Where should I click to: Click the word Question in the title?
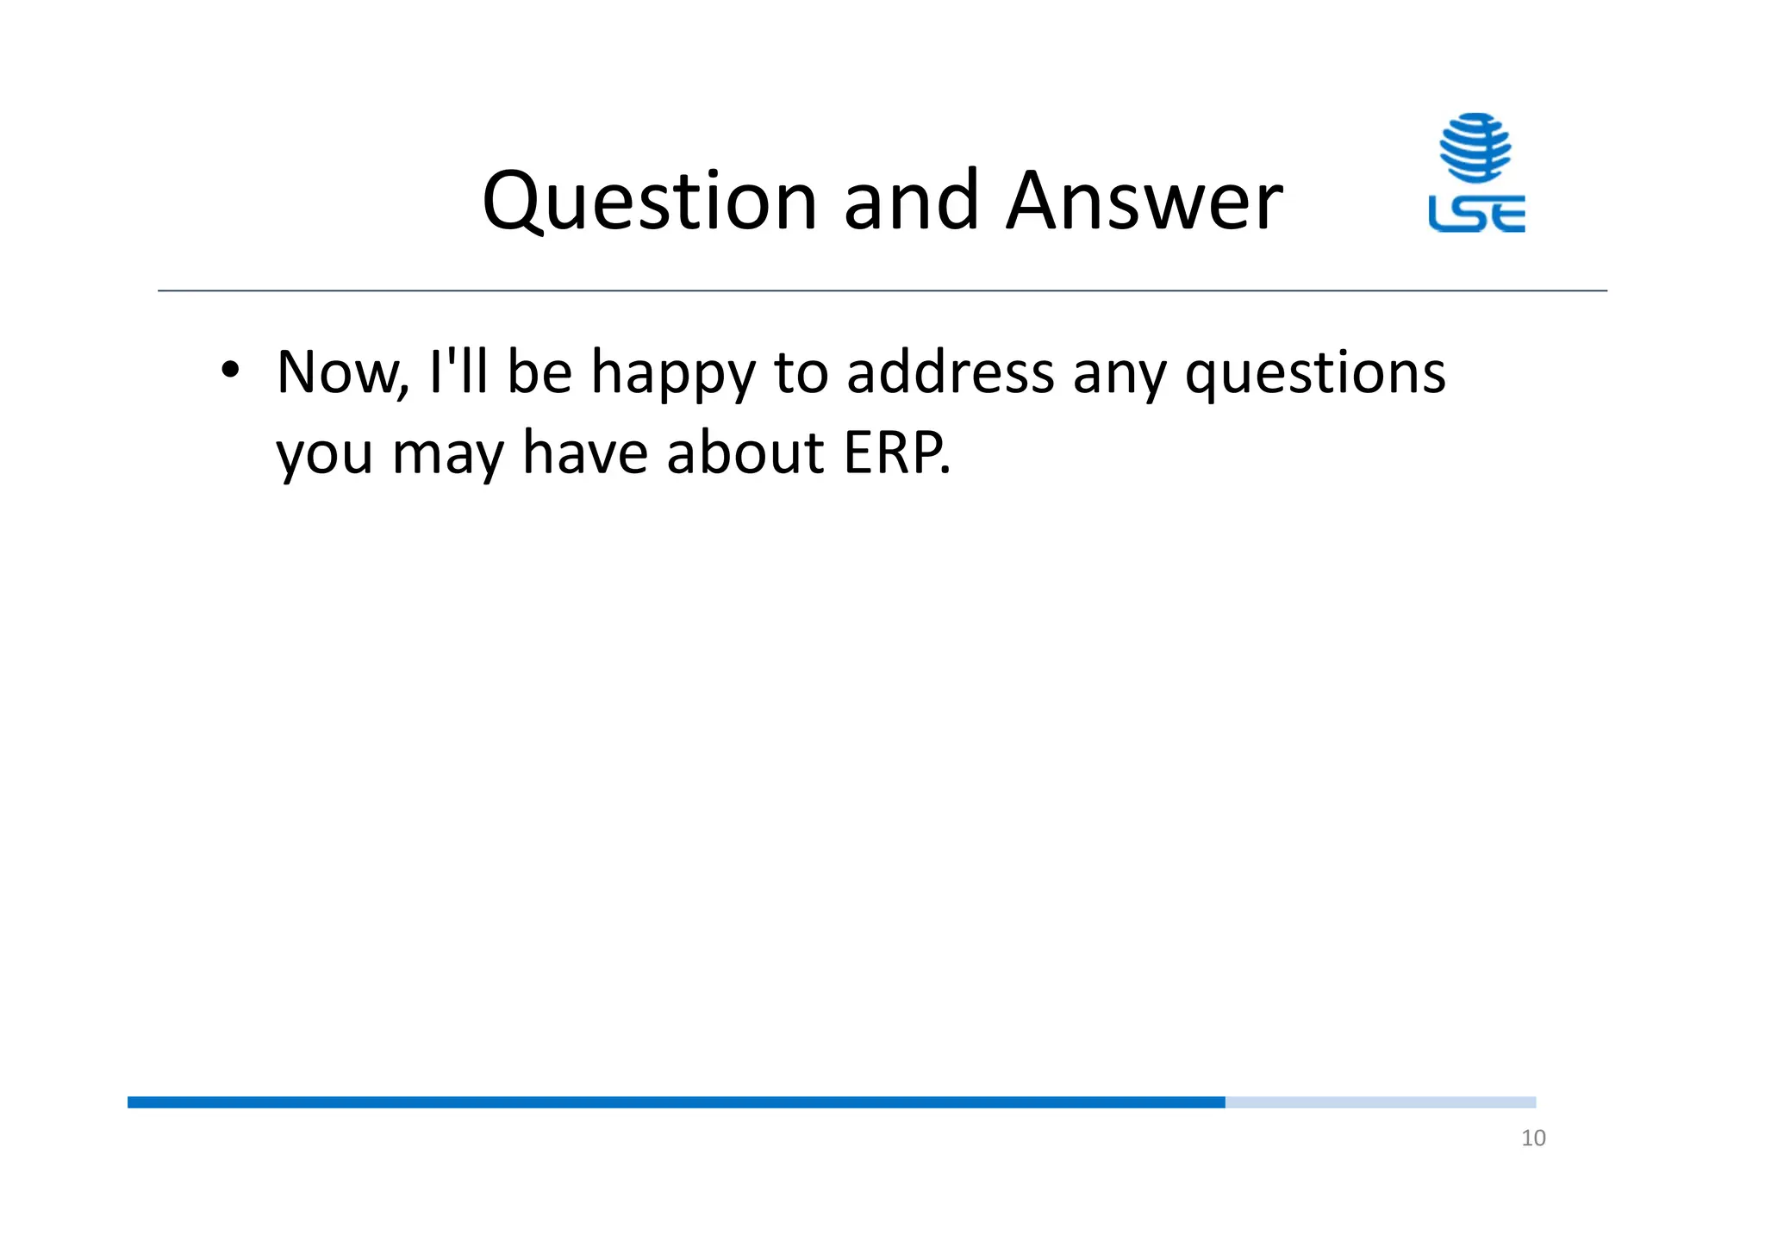(649, 202)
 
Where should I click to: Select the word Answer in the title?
(1144, 202)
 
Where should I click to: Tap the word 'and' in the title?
(911, 202)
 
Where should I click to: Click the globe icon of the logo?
(1475, 147)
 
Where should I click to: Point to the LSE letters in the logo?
(1476, 214)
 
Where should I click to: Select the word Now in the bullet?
(338, 373)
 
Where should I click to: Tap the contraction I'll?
(457, 373)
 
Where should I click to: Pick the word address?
(950, 373)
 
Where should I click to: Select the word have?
(584, 452)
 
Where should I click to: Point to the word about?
(745, 452)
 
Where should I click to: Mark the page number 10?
(1533, 1139)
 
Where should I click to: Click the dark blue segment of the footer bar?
(676, 1102)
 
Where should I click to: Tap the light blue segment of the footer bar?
(1380, 1102)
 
